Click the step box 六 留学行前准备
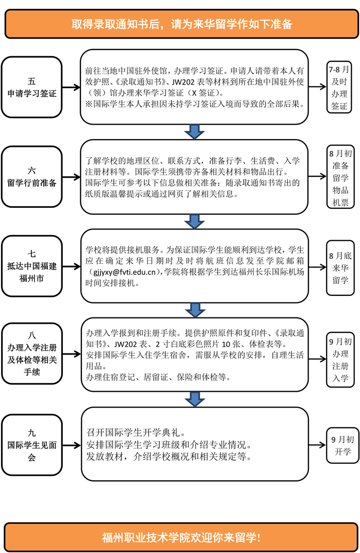click(x=31, y=176)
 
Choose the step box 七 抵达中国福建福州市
click(x=31, y=266)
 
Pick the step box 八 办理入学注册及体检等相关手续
click(x=31, y=346)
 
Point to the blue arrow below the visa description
click(x=194, y=132)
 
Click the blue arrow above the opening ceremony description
click(x=194, y=398)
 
